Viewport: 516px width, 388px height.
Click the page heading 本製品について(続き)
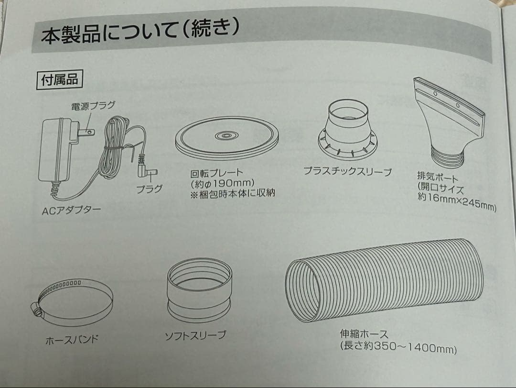click(140, 33)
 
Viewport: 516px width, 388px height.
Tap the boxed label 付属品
click(59, 79)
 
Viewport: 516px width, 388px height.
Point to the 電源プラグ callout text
click(93, 106)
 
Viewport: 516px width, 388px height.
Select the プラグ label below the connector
click(150, 189)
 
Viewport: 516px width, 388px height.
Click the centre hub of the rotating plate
click(226, 135)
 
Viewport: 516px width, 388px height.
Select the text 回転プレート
click(216, 172)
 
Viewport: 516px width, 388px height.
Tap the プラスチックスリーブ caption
click(347, 171)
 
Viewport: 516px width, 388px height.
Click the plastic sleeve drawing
click(348, 131)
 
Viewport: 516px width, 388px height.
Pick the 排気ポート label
click(437, 177)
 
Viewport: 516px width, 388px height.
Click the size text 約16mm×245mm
click(457, 201)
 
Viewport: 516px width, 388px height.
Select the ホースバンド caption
click(72, 340)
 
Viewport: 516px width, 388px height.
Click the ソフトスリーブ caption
click(195, 335)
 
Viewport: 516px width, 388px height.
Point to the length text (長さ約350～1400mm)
click(398, 347)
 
